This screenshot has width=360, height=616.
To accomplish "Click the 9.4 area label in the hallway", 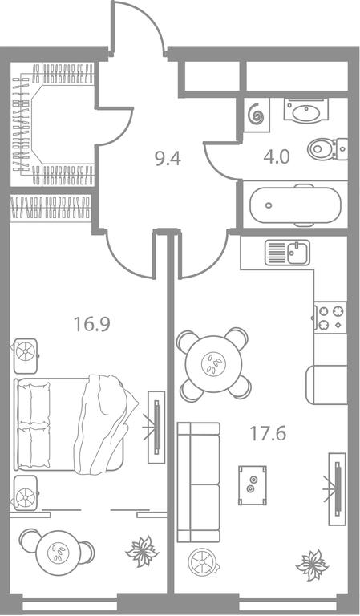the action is point(168,159).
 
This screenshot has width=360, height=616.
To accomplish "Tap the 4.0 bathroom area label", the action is point(277,157).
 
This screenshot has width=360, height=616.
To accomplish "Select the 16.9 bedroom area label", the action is point(92,325).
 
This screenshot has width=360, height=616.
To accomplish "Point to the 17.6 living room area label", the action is point(268,434).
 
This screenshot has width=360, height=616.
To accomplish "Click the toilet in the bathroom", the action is point(327,149).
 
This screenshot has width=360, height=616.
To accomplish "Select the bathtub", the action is point(295,205).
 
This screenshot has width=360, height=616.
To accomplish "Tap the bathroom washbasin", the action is point(306,111).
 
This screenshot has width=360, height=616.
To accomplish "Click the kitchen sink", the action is point(287,253).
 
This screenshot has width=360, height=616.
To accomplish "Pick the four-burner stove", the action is point(330,318).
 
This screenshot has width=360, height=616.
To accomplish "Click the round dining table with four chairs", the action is point(213,364).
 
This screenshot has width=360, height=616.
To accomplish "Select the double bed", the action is point(75,424).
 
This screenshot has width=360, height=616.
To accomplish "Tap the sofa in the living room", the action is point(199,482).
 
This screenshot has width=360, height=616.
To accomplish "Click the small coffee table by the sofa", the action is point(253,485).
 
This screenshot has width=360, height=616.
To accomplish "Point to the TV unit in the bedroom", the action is point(156,427).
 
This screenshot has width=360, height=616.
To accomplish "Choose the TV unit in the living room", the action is point(337,488).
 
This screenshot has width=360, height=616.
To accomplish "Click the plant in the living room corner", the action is point(312,565).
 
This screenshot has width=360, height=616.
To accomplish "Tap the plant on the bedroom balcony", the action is point(142,551).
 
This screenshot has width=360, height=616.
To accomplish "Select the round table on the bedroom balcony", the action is point(58,553).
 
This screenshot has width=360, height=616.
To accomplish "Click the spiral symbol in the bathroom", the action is point(257,114).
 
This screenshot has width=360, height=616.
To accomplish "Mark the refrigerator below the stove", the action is point(326,385).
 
